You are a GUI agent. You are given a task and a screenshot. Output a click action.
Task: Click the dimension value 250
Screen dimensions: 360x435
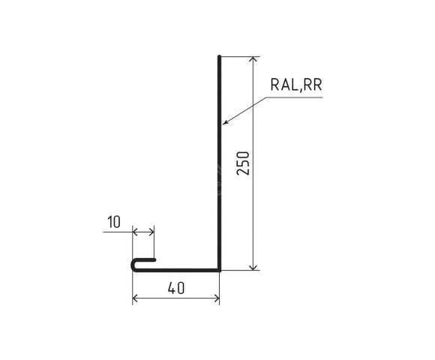tap(242, 163)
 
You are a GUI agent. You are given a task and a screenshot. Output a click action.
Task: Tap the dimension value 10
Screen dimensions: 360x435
tap(114, 222)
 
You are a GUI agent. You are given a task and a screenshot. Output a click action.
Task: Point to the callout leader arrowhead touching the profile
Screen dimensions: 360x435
tap(224, 124)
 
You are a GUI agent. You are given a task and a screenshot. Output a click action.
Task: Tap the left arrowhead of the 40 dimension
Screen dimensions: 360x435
tap(136, 298)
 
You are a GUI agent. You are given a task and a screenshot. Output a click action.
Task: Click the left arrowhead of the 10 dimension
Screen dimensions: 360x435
tap(136, 232)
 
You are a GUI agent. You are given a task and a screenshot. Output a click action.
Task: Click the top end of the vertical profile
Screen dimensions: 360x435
tap(219, 57)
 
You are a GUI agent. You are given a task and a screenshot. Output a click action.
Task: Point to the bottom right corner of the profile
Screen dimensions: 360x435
tap(219, 268)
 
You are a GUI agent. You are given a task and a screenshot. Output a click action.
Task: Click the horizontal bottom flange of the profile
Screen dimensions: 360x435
tap(180, 268)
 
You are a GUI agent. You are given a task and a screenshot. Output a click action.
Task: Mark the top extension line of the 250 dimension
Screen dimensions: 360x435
tap(240, 56)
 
